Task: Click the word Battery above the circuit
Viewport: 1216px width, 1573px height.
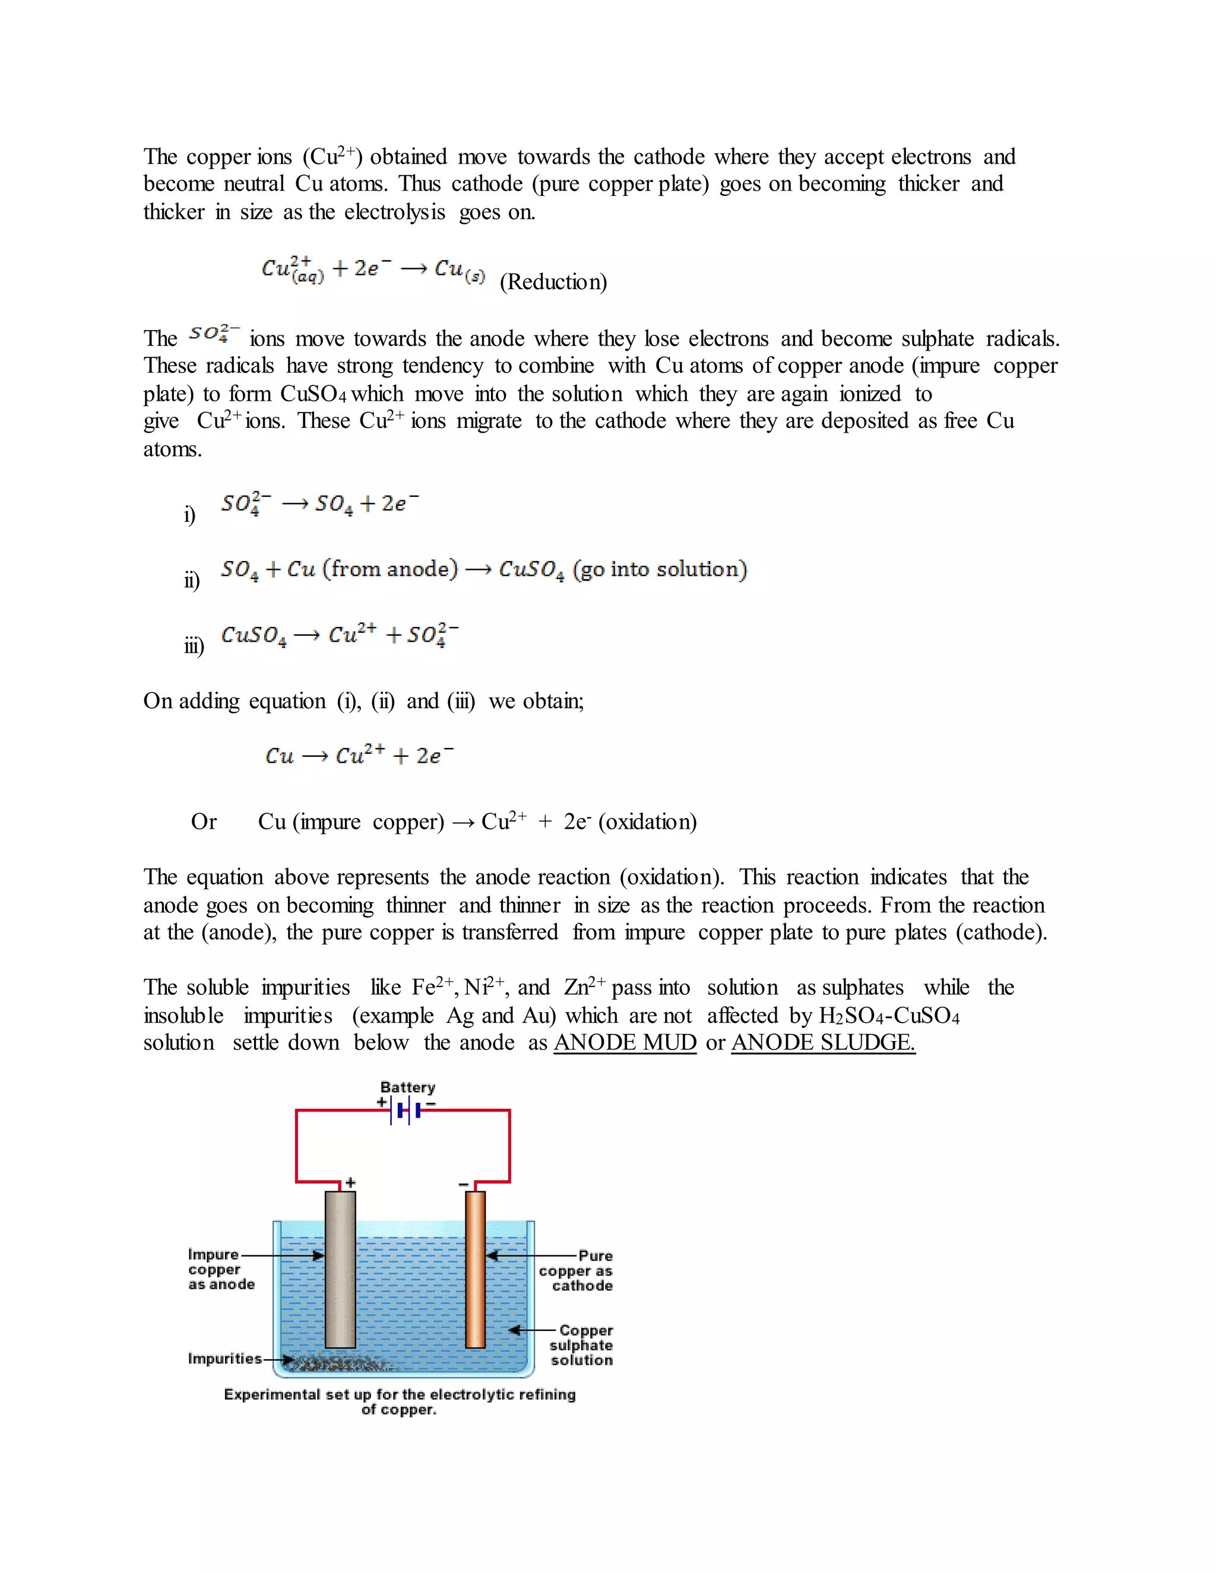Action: click(x=408, y=1087)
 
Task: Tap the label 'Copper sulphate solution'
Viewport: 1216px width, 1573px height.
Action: click(x=581, y=1344)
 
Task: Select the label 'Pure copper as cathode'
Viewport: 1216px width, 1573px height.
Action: click(x=577, y=1270)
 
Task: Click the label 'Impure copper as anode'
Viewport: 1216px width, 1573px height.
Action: click(x=220, y=1269)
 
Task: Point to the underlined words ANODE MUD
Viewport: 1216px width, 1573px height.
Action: click(x=625, y=1042)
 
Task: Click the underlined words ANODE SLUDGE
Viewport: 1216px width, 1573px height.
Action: click(x=823, y=1042)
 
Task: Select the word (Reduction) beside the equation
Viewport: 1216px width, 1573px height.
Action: click(x=553, y=281)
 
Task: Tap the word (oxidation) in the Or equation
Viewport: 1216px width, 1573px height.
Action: click(x=647, y=822)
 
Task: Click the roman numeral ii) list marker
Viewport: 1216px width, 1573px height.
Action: click(x=192, y=580)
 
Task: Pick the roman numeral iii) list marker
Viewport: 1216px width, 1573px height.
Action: click(x=194, y=645)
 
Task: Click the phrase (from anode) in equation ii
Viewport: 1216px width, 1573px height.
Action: click(x=389, y=569)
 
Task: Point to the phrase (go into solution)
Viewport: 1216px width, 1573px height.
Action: click(x=660, y=569)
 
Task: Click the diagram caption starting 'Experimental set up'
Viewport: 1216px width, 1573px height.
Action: click(x=400, y=1401)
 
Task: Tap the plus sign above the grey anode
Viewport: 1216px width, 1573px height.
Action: click(x=351, y=1182)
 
